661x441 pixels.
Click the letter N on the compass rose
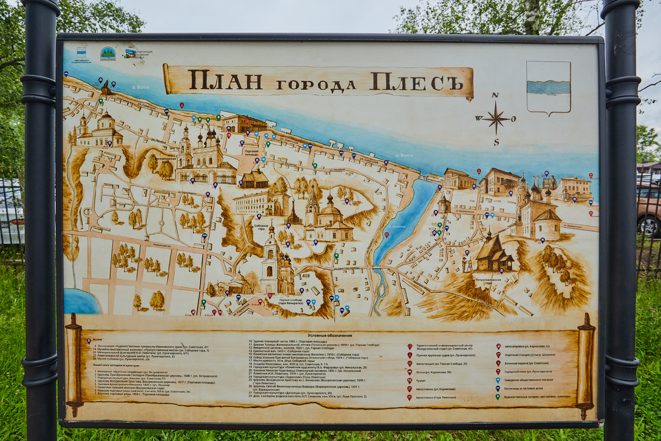tap(495, 95)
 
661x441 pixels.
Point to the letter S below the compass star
tap(496, 142)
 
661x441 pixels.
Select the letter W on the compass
tap(478, 118)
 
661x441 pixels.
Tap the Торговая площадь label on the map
tap(251, 153)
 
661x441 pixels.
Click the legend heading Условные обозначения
tap(330, 335)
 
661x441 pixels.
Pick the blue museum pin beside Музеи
tap(89, 341)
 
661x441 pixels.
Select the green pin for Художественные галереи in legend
tap(497, 396)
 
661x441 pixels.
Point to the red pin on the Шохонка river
tap(386, 235)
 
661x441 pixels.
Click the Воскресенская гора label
tap(165, 158)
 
